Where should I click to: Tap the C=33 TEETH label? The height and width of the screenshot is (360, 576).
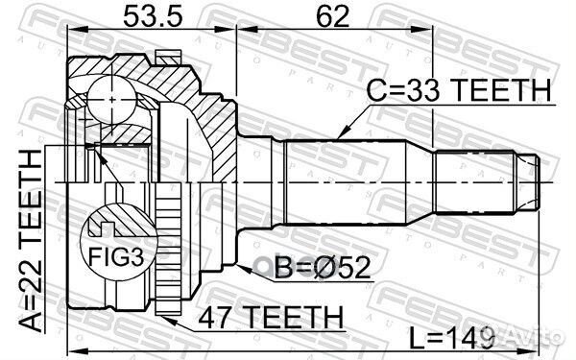[x=460, y=90]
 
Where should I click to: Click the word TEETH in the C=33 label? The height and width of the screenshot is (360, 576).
[x=499, y=90]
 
